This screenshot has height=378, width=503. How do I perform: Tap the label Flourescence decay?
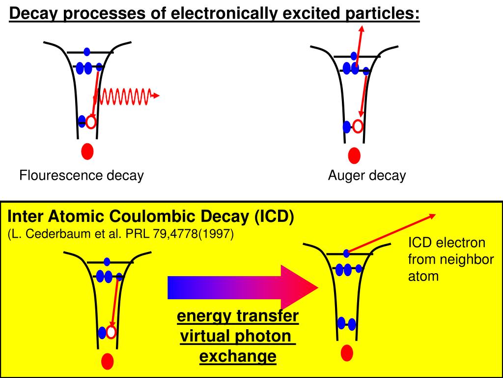pyautogui.click(x=82, y=176)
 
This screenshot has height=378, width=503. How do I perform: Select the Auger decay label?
pyautogui.click(x=367, y=176)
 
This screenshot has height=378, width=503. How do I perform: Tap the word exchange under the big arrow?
pyautogui.click(x=238, y=356)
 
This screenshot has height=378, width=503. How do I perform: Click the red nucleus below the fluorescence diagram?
pyautogui.click(x=87, y=151)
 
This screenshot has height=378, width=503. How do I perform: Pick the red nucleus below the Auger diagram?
pyautogui.click(x=354, y=156)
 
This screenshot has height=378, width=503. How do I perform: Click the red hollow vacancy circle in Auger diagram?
pyautogui.click(x=358, y=126)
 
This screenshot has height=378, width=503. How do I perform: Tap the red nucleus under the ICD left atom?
pyautogui.click(x=108, y=362)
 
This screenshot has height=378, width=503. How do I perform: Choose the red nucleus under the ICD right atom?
pyautogui.click(x=347, y=352)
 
